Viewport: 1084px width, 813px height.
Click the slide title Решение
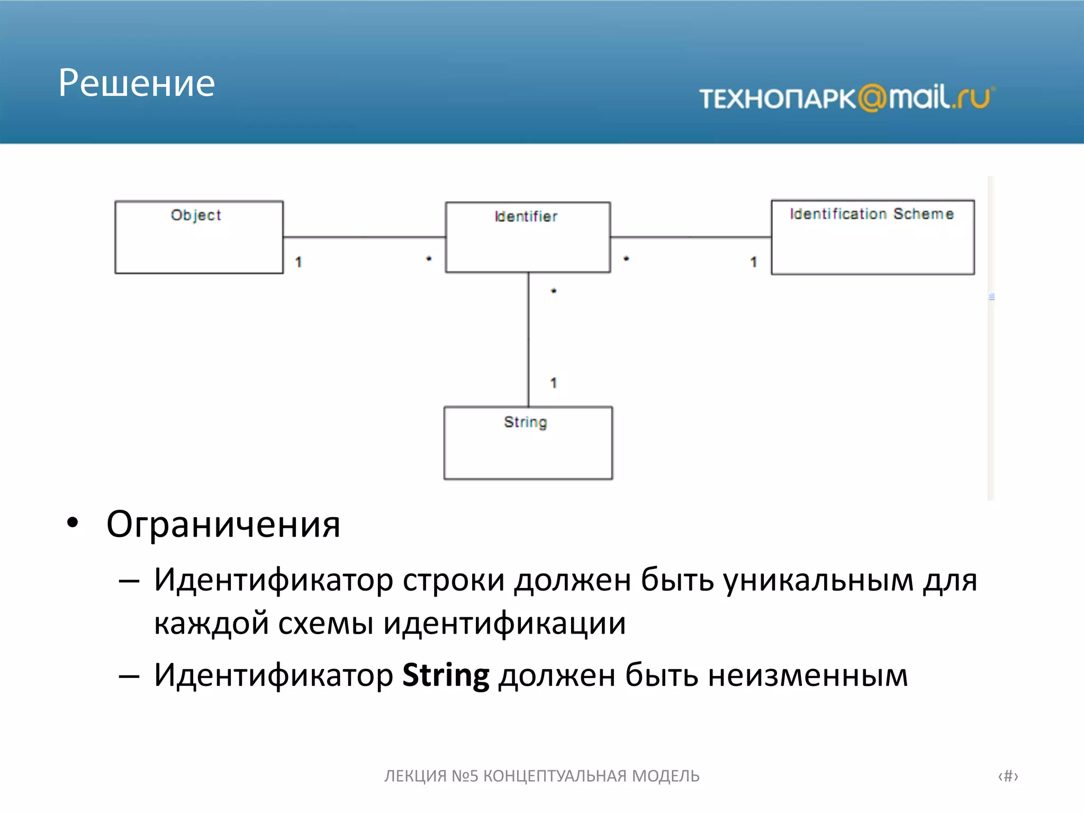(137, 84)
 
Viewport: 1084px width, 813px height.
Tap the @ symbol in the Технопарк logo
(872, 98)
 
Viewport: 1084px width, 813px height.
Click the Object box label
(195, 215)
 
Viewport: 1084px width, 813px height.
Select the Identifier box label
(526, 216)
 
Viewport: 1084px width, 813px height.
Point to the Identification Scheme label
(871, 214)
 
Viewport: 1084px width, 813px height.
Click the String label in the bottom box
(525, 422)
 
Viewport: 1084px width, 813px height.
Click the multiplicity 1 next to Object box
(299, 262)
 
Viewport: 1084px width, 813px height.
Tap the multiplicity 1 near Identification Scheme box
(754, 262)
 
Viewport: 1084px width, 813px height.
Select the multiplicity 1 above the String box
(554, 383)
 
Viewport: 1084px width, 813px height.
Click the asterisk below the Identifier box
(554, 291)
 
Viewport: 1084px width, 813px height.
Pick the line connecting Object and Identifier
(364, 237)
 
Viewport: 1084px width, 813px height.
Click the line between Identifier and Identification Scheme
(690, 237)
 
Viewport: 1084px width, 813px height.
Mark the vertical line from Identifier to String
(528, 339)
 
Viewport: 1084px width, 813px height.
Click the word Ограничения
(223, 525)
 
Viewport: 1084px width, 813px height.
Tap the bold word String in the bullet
(446, 676)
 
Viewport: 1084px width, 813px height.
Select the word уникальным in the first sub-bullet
(818, 580)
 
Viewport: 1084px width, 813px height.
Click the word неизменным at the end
(808, 676)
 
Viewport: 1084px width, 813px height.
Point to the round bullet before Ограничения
(73, 522)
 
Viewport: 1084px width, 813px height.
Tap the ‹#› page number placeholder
(1008, 776)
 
